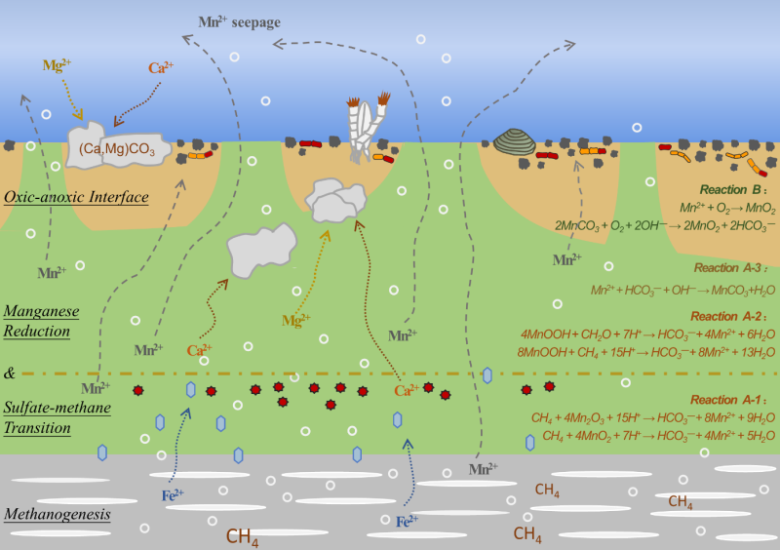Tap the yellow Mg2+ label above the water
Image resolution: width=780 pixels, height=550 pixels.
pos(57,65)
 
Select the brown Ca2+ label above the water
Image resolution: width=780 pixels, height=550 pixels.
pos(162,68)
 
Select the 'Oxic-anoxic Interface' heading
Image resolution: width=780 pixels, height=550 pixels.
pos(76,197)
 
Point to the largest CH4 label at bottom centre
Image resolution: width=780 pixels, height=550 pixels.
pos(243,535)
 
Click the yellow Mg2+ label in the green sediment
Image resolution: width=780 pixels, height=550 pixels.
pos(296,319)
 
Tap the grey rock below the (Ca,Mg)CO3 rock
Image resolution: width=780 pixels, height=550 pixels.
pos(260,251)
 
